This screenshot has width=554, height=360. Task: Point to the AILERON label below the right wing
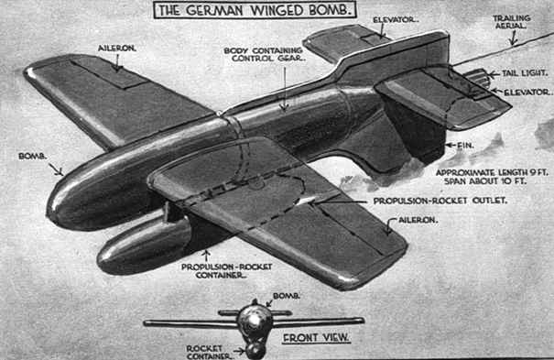[x=411, y=221]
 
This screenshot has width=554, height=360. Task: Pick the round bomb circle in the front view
[x=254, y=322]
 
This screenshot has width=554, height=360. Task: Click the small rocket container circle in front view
[x=255, y=349]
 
